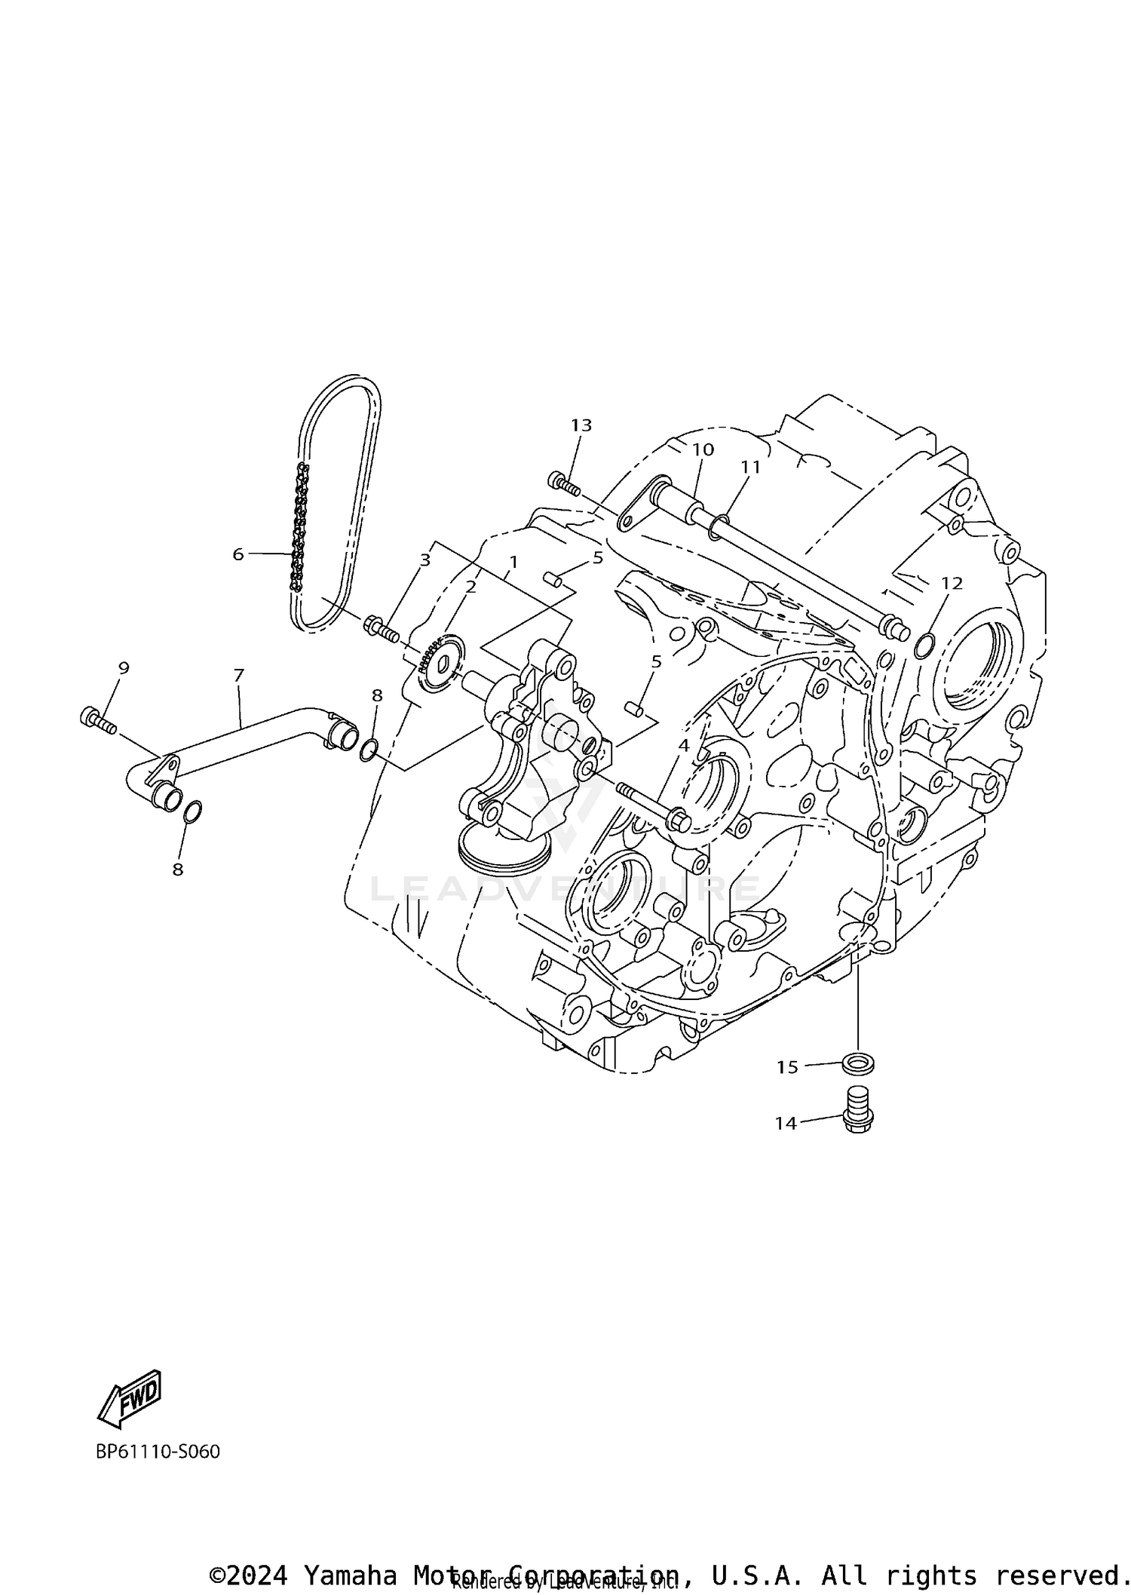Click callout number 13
coord(581,425)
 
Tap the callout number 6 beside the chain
coord(238,554)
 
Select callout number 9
coord(124,667)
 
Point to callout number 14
coord(786,1144)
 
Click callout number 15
coord(787,1067)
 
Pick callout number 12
coord(952,583)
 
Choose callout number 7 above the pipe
coord(239,675)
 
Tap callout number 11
coord(750,468)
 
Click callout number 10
coord(703,449)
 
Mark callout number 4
coord(684,745)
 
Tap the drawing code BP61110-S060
coord(158,1451)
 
